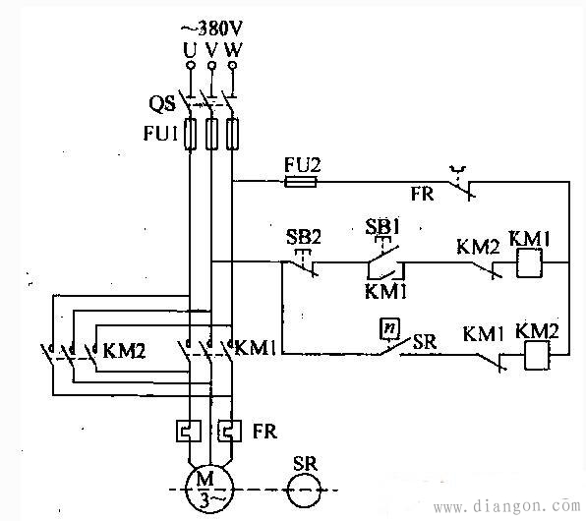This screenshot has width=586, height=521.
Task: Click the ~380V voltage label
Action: [x=212, y=29]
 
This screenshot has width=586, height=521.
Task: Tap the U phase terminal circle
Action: [x=190, y=66]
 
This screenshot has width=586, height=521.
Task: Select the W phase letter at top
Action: [x=234, y=49]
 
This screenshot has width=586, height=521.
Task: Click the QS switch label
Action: [x=162, y=103]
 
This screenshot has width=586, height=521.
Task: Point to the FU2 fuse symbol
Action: [x=301, y=182]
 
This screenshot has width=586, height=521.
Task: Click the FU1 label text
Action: [x=160, y=133]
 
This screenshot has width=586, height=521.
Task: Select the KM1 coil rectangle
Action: [x=529, y=263]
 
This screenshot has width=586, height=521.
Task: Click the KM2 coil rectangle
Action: [x=537, y=356]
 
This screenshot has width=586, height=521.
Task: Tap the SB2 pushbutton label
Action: [x=304, y=236]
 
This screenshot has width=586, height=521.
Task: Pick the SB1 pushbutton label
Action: [x=382, y=226]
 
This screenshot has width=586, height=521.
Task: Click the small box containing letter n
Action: [x=389, y=329]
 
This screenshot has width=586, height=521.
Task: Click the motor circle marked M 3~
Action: [x=209, y=488]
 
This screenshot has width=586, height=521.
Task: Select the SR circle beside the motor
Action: [x=304, y=490]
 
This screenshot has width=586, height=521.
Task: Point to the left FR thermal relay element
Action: [x=189, y=431]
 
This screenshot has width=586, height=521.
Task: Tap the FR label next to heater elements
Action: [x=264, y=431]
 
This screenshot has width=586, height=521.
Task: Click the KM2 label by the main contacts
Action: [x=124, y=351]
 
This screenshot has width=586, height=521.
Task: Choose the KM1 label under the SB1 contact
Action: [x=385, y=291]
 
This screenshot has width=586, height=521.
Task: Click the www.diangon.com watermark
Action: [x=506, y=505]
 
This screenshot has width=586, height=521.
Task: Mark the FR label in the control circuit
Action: [x=423, y=194]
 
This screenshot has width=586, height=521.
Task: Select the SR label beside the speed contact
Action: [x=425, y=342]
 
